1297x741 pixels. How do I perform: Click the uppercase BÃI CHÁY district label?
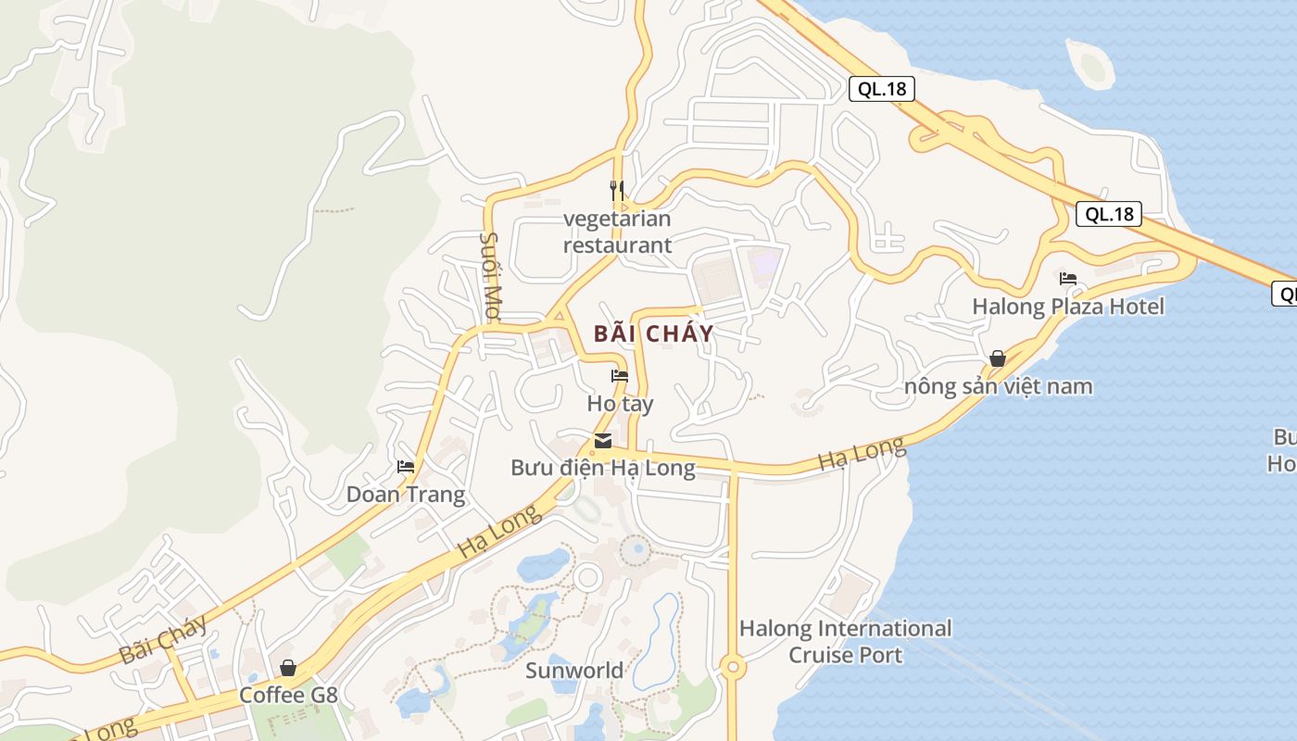point(653,333)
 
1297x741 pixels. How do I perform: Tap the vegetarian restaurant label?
point(617,232)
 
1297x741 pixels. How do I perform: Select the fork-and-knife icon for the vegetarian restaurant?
point(617,191)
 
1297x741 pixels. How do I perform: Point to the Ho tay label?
point(620,404)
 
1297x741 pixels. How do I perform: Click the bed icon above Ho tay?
point(620,376)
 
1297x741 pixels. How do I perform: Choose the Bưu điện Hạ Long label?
point(603,468)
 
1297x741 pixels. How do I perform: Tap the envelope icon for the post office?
point(603,440)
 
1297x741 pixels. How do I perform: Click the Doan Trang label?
point(406,495)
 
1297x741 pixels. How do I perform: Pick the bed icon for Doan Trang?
point(406,466)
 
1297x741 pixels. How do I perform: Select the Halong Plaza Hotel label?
point(1068,307)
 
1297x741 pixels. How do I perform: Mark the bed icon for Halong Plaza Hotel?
point(1068,278)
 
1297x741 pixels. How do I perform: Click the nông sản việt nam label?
point(999,386)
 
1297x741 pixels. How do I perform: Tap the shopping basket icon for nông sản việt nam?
point(998,358)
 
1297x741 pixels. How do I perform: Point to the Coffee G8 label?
point(288,695)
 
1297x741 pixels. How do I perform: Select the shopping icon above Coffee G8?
point(288,667)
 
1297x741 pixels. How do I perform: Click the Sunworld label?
point(574,671)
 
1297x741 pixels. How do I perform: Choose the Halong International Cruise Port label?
point(845,642)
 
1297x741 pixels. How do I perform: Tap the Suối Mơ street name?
point(490,275)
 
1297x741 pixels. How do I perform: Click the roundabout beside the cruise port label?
point(733,666)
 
